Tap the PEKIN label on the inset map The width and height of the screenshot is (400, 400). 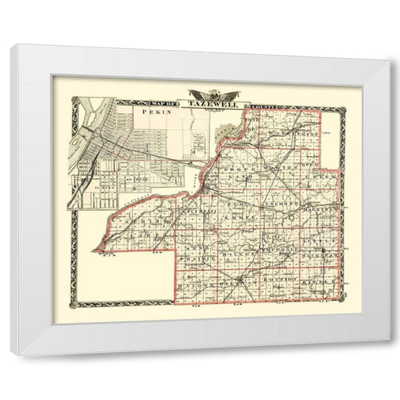pos(152,110)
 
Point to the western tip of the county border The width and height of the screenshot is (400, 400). pos(95,250)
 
